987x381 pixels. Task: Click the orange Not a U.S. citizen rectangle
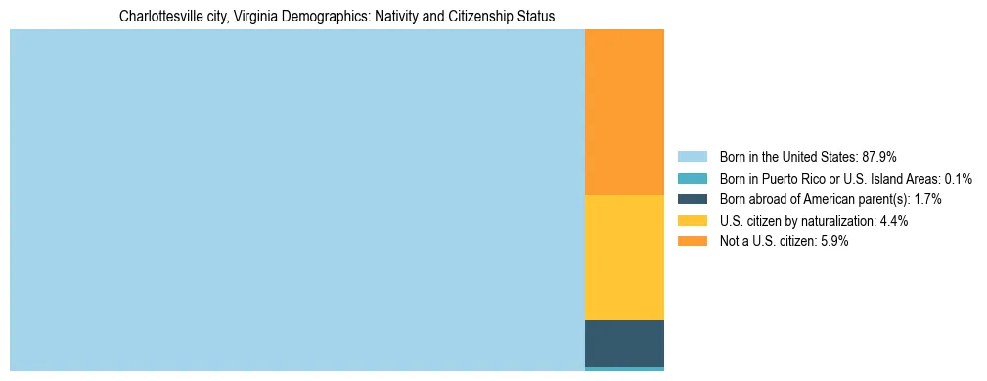[624, 112]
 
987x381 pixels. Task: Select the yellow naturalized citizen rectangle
[624, 258]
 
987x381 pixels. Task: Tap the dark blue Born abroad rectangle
[624, 343]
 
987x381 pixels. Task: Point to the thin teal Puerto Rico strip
[624, 369]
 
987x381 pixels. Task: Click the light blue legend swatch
[692, 156]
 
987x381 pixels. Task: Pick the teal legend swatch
[692, 178]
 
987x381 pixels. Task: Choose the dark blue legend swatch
[692, 199]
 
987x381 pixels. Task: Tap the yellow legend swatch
[692, 221]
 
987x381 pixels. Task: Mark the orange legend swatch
[692, 242]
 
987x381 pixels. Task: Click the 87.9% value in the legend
[879, 156]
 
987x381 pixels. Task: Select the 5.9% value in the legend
[832, 242]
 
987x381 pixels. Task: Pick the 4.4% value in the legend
[893, 221]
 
